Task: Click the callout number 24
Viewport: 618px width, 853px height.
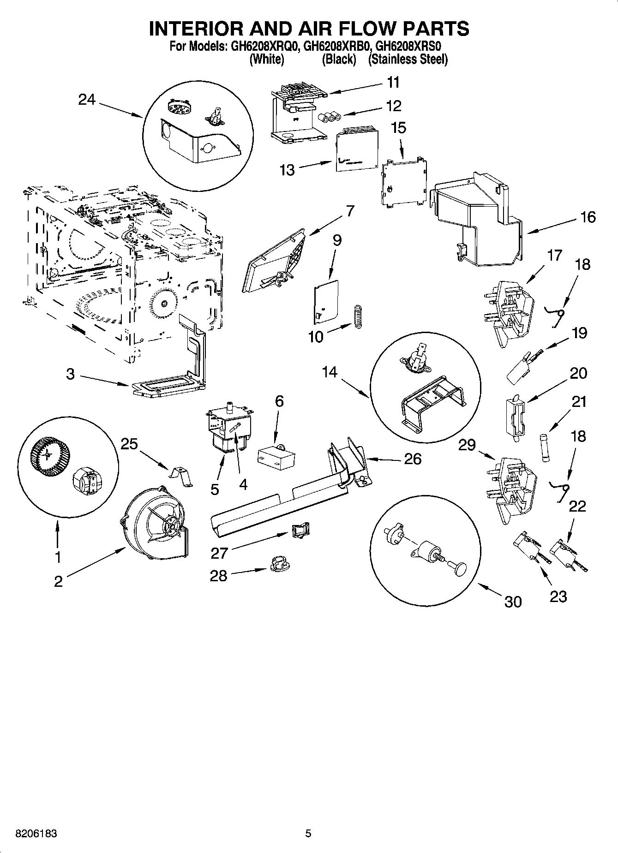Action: [x=87, y=99]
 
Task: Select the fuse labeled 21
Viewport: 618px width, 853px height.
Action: [x=546, y=447]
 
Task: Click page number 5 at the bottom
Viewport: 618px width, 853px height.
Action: [x=308, y=834]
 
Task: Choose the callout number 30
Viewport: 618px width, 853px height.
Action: [x=513, y=601]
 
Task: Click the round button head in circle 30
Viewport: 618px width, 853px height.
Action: [x=457, y=568]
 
